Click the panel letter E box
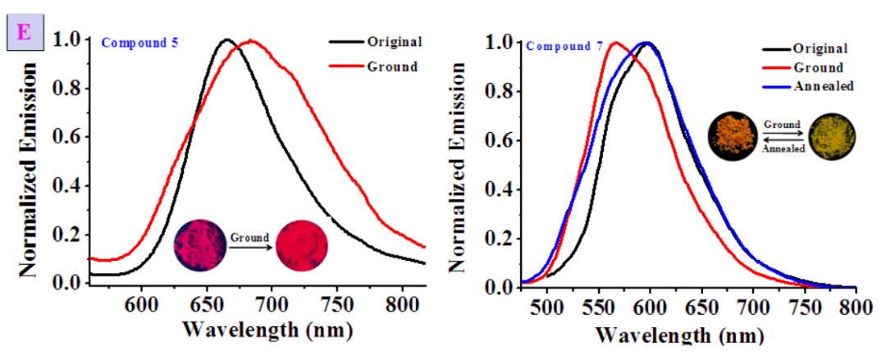coord(24,36)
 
